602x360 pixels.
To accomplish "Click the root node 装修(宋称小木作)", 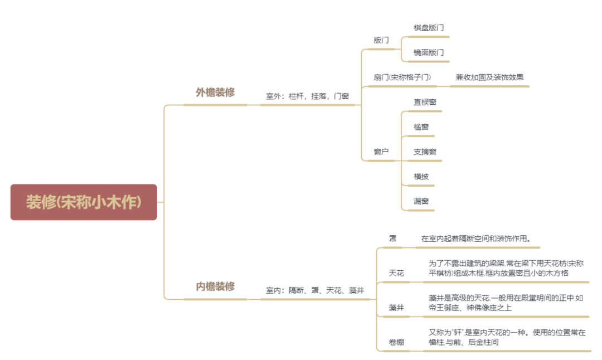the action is pyautogui.click(x=84, y=202).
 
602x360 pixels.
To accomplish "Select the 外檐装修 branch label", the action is pyautogui.click(x=215, y=93).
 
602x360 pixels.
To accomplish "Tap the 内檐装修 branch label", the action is pyautogui.click(x=215, y=286).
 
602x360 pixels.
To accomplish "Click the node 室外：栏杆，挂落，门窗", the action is pyautogui.click(x=307, y=96).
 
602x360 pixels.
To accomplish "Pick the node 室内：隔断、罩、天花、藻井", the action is pyautogui.click(x=315, y=290).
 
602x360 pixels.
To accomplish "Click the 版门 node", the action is pyautogui.click(x=381, y=40).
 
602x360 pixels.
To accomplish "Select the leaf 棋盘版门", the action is pyautogui.click(x=429, y=27).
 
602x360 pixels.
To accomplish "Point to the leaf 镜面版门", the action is pyautogui.click(x=429, y=52).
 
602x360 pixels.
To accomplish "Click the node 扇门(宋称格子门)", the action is pyautogui.click(x=402, y=77).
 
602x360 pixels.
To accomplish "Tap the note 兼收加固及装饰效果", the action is pyautogui.click(x=489, y=77).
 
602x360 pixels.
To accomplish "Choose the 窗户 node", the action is pyautogui.click(x=381, y=152).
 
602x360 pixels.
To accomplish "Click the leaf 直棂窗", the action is pyautogui.click(x=425, y=102).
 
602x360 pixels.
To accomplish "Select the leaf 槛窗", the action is pyautogui.click(x=421, y=127).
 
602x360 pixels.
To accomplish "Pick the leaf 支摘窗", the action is pyautogui.click(x=425, y=152).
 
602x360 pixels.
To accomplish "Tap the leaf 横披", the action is pyautogui.click(x=421, y=177).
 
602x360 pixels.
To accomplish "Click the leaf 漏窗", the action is pyautogui.click(x=421, y=201).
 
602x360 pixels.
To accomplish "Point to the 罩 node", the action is pyautogui.click(x=392, y=239).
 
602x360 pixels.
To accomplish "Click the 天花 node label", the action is pyautogui.click(x=396, y=273).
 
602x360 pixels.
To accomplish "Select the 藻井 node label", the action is pyautogui.click(x=396, y=308).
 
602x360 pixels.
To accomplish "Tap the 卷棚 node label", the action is pyautogui.click(x=396, y=342).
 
